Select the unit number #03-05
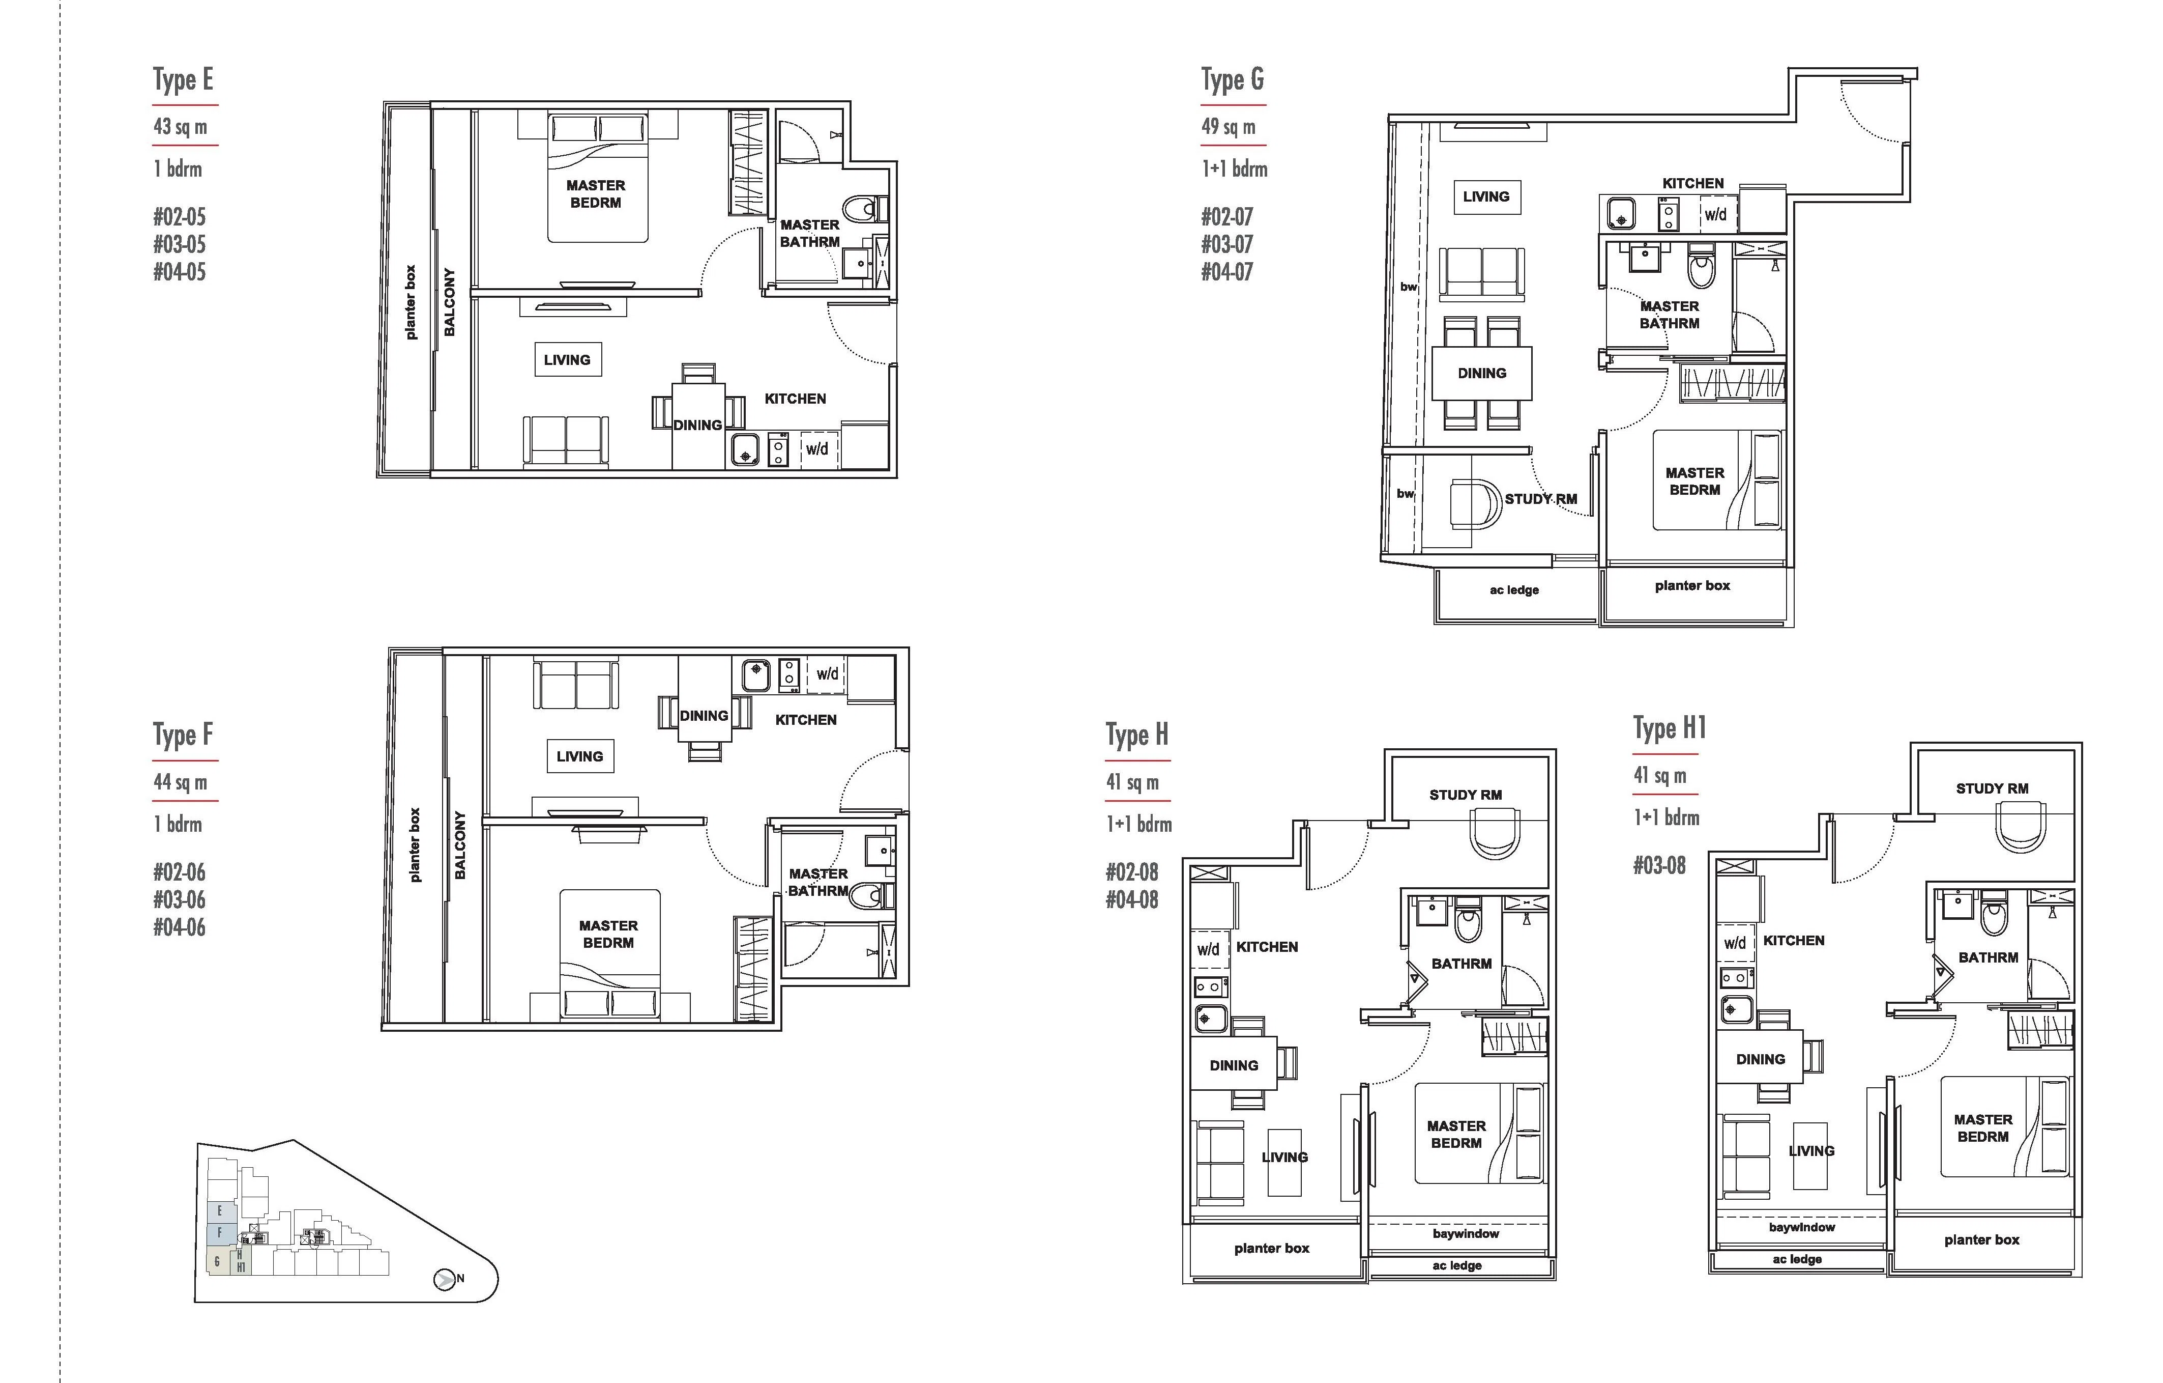(180, 244)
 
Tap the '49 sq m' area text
(1229, 127)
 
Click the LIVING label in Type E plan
(567, 359)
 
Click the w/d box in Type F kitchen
(827, 674)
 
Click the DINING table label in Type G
(1482, 373)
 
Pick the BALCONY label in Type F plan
(460, 845)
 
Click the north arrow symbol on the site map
(444, 1279)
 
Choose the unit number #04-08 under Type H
(1132, 899)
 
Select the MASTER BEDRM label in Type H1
(1983, 1128)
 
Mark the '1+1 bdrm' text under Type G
(1234, 169)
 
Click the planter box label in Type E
(411, 302)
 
